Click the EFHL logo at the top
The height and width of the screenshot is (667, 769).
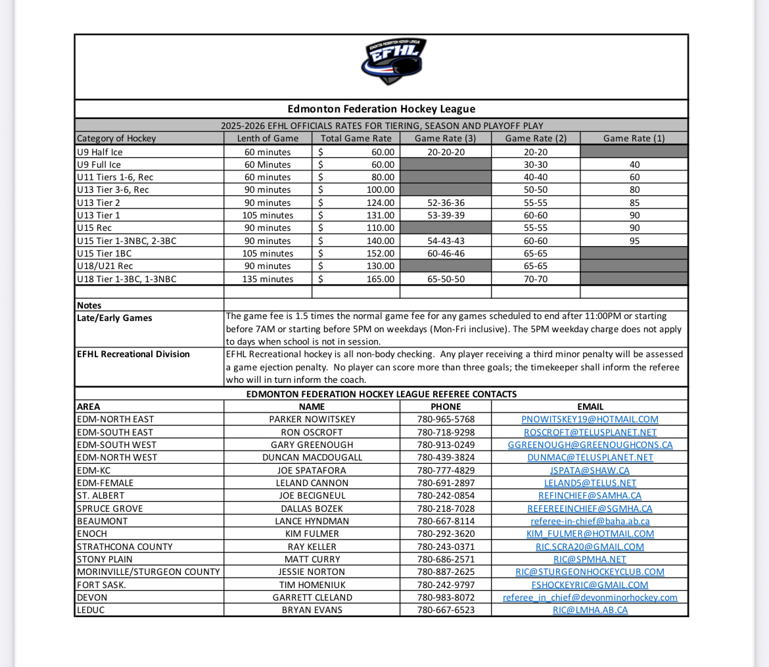coord(393,61)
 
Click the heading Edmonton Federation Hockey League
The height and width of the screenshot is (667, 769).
coord(381,109)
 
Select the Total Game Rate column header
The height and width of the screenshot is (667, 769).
coord(356,138)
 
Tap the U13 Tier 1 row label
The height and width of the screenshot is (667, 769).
coord(99,215)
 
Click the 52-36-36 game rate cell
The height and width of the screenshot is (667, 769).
coord(446,203)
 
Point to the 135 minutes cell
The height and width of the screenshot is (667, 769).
coord(268,279)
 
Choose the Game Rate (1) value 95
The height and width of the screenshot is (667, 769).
coord(634,241)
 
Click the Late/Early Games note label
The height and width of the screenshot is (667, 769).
coord(114,318)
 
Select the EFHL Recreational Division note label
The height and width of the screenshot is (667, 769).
coord(133,354)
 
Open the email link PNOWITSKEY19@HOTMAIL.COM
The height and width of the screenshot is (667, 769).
coord(590,419)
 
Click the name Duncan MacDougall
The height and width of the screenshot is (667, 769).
coord(312,457)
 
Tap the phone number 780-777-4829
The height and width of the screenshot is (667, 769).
coord(446,470)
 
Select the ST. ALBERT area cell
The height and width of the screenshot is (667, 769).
coord(101,495)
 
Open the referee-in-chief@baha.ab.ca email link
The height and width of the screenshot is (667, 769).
coord(590,521)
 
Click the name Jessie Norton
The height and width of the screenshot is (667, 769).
coord(312,572)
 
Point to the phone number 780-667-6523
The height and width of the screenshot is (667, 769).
coord(446,610)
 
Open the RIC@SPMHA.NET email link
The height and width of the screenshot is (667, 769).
coord(590,559)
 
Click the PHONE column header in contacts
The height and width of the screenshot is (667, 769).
coord(446,407)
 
